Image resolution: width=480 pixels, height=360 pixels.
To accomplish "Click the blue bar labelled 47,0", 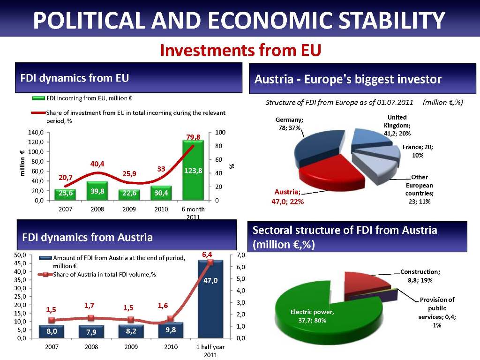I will coord(210,300).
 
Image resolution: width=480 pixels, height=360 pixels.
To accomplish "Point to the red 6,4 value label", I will coord(207,254).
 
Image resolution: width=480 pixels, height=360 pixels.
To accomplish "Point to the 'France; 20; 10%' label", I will coord(418,151).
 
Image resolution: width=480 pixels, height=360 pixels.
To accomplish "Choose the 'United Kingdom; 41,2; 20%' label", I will coord(397,125).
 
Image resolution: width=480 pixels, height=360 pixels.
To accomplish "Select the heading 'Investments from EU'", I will coord(240,50).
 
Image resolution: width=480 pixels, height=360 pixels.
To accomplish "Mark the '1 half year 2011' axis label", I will coord(210,351).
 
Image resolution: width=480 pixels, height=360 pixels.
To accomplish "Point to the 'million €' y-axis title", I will coord(22,163).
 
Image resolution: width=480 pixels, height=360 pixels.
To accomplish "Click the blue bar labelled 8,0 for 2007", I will coord(52,331).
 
